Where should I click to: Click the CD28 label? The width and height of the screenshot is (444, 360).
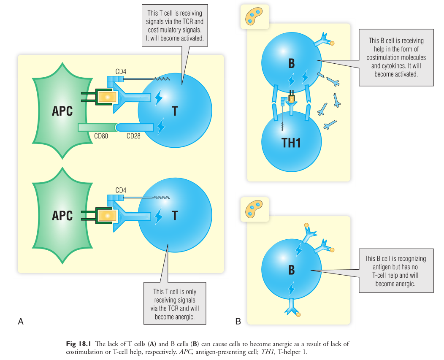click(x=134, y=136)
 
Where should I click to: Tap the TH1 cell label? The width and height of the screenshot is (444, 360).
click(x=291, y=143)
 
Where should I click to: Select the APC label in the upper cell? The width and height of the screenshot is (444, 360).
click(x=62, y=111)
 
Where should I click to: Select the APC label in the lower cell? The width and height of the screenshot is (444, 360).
click(x=62, y=215)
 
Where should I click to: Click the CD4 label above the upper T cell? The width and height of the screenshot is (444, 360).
click(x=121, y=72)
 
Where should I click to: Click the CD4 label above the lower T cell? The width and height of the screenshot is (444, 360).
click(x=121, y=190)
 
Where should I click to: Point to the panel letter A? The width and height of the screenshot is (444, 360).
click(x=20, y=322)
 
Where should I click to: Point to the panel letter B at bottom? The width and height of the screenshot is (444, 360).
click(x=238, y=322)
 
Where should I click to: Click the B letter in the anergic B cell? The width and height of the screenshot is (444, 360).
click(x=291, y=270)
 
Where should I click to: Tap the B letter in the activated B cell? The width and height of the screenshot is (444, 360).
click(x=291, y=63)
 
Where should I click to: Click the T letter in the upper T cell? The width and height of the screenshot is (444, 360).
click(x=175, y=111)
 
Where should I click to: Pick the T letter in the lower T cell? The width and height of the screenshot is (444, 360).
click(x=175, y=216)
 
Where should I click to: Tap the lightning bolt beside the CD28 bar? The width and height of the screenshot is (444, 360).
click(x=161, y=126)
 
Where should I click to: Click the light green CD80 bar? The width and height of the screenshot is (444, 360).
click(x=97, y=127)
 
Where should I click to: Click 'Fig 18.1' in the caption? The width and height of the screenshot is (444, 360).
click(x=78, y=344)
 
